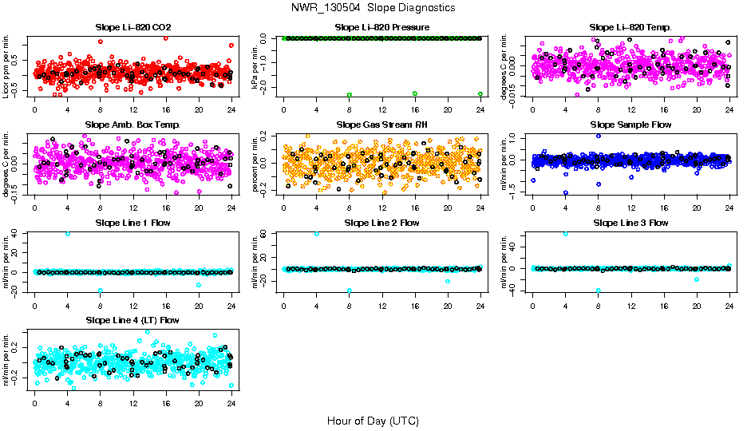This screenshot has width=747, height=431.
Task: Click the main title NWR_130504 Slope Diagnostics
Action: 373,8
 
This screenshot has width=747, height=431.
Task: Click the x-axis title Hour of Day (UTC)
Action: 373,421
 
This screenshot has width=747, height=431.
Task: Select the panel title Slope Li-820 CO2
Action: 132,28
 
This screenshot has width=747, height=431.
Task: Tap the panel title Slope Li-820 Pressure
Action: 382,28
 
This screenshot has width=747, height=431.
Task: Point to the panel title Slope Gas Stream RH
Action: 381,125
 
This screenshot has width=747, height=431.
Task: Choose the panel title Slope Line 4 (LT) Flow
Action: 132,320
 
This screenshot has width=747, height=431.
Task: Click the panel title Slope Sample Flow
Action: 630,125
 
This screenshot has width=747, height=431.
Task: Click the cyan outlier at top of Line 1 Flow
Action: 67,234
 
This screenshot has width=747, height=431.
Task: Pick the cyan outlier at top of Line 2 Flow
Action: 316,234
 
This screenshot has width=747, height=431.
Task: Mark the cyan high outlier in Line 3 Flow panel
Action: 566,234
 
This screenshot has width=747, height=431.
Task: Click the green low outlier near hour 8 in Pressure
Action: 349,94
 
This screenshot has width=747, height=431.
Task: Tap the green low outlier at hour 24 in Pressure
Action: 480,94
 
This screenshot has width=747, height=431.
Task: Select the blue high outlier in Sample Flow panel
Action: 598,136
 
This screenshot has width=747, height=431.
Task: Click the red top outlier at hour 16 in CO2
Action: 165,38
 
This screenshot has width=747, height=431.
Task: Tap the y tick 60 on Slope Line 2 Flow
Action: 271,234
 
